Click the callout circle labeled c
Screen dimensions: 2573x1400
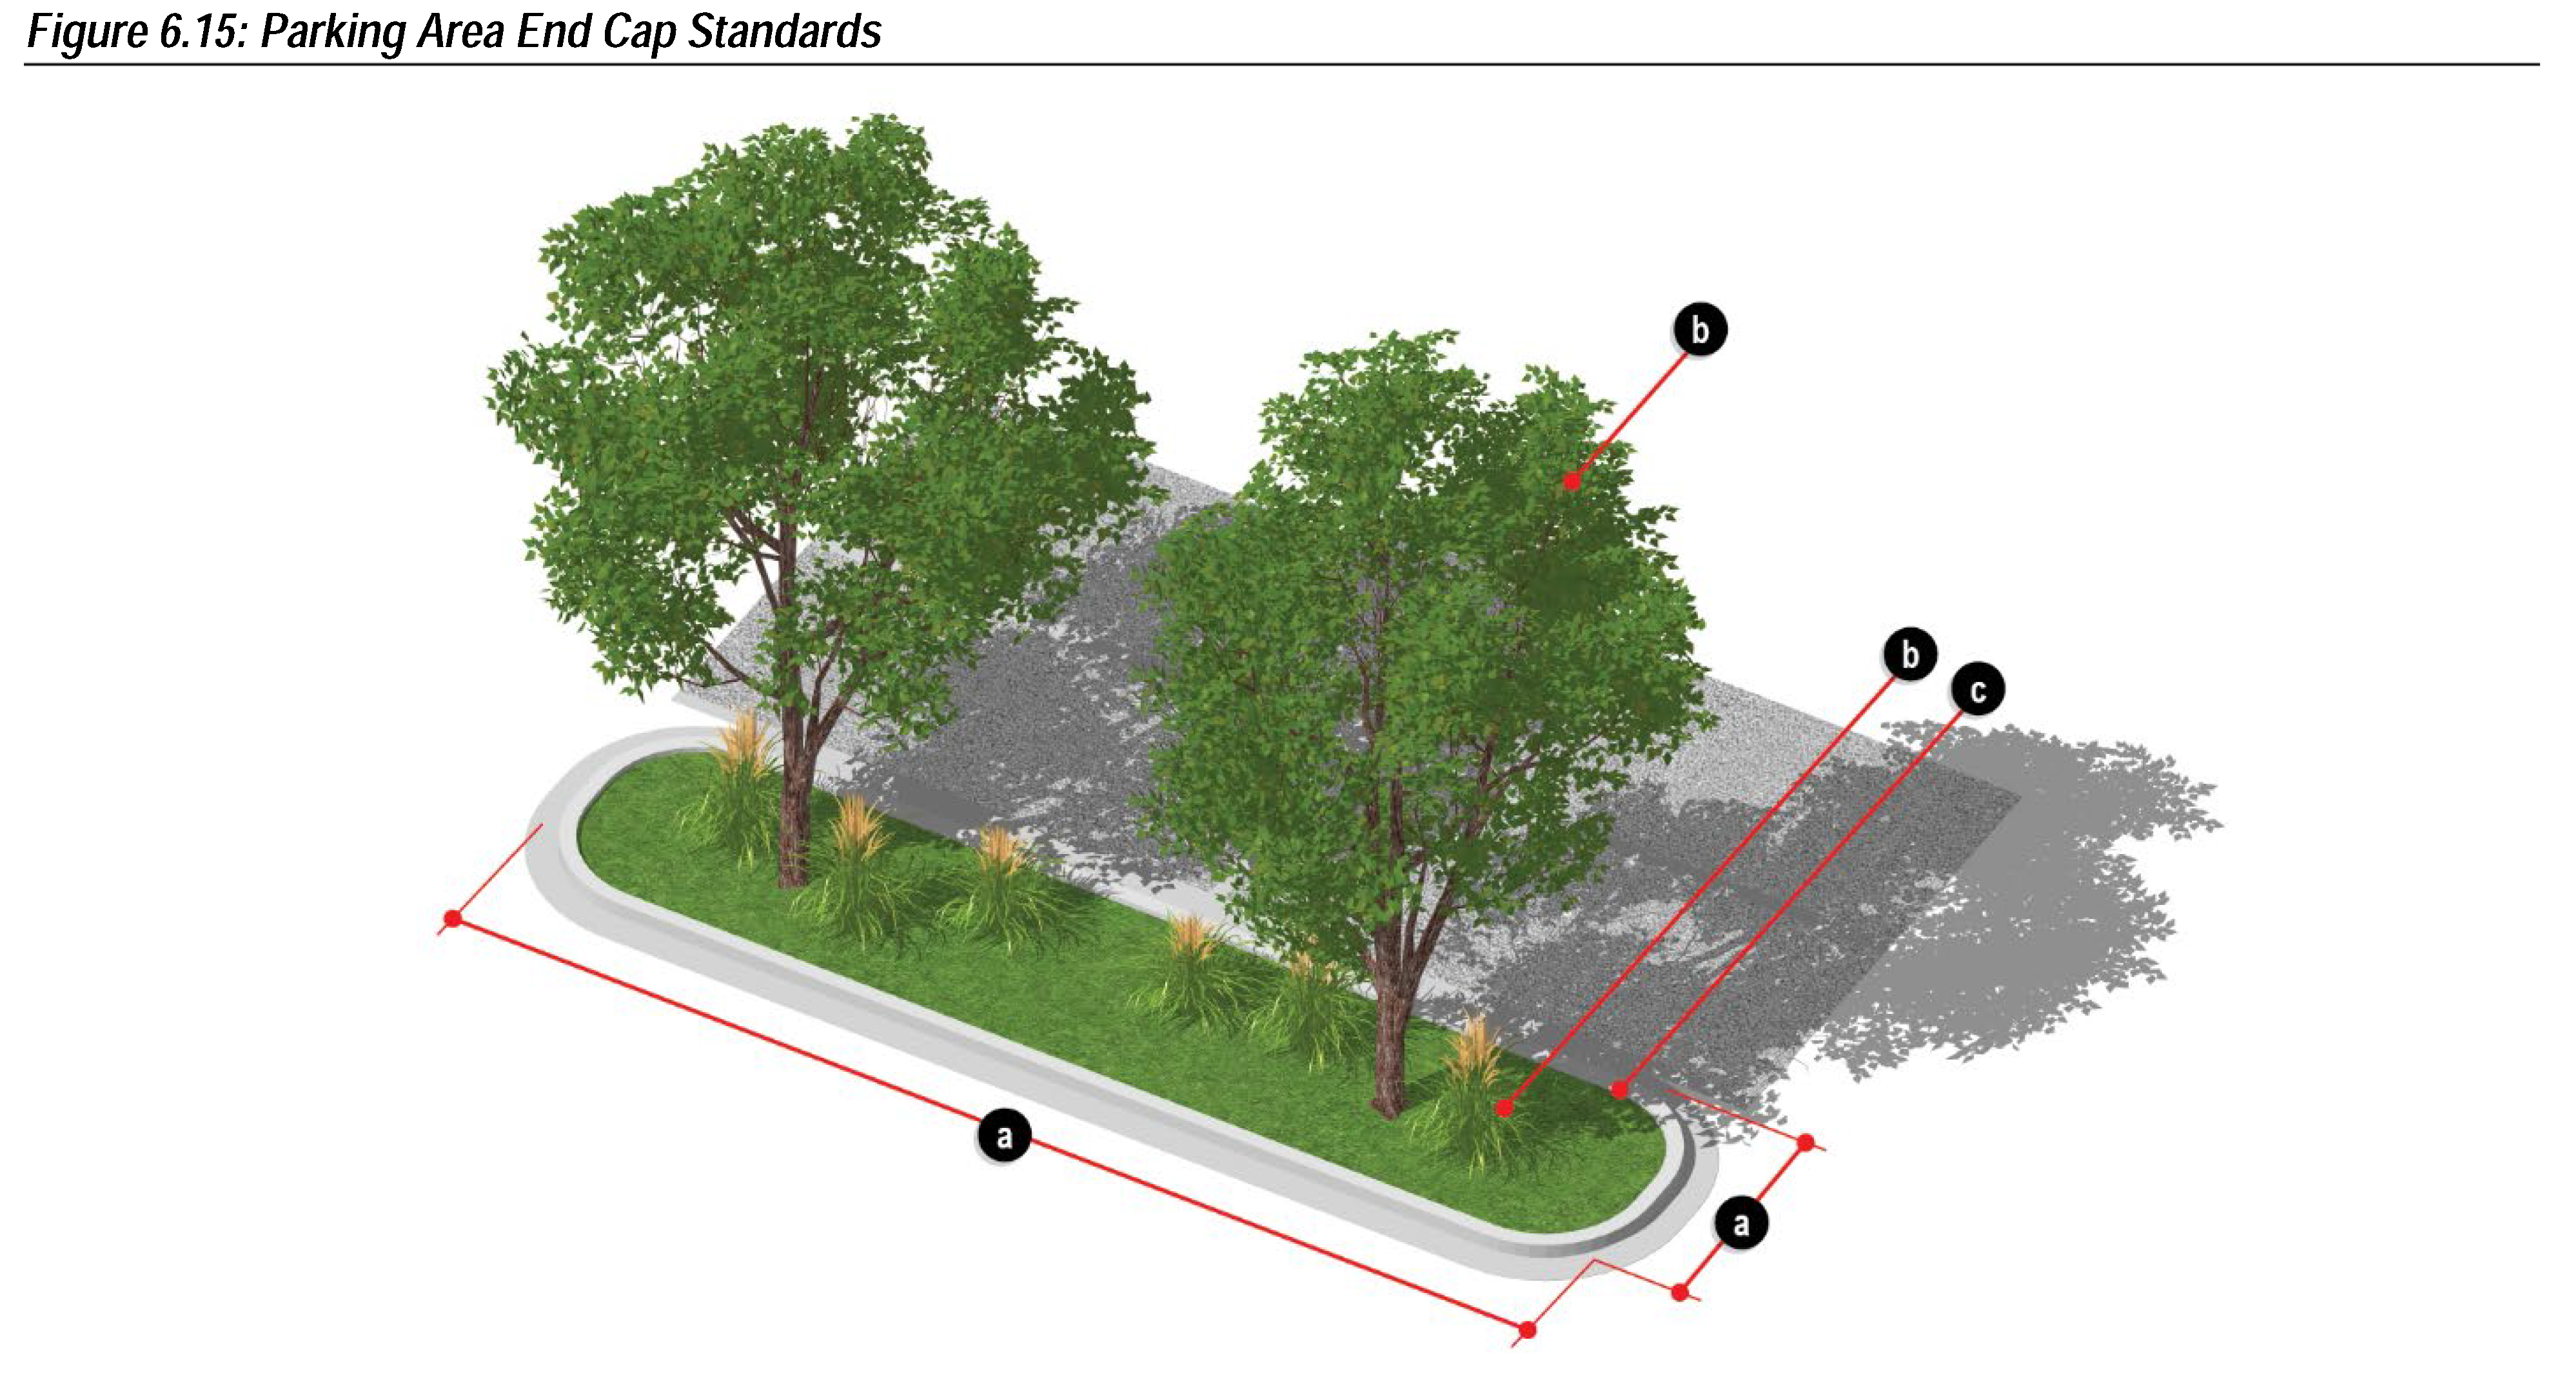(1977, 689)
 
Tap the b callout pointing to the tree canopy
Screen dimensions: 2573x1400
(1699, 329)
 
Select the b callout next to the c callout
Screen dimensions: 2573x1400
(1909, 654)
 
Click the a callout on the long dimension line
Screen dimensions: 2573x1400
(1004, 1135)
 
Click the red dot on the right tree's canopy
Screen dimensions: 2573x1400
(1571, 481)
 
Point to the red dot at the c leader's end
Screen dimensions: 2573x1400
(1619, 1089)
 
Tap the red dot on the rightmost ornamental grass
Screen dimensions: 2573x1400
(1504, 1107)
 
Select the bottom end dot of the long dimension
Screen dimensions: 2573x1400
(1527, 1330)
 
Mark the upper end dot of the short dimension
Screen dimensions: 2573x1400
(1805, 1142)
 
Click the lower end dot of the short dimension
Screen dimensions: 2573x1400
(1680, 1292)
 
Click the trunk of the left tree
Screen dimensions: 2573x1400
(794, 809)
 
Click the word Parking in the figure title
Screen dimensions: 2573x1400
(333, 32)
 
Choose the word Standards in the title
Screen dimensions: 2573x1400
(784, 32)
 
